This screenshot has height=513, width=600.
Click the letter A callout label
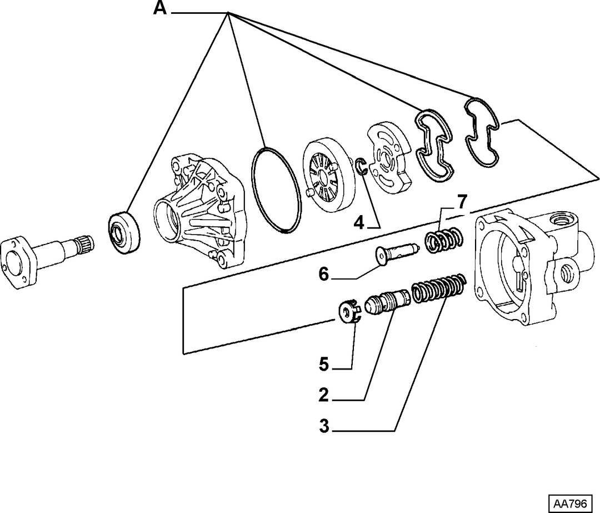click(161, 8)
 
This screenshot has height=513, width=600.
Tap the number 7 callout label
click(462, 202)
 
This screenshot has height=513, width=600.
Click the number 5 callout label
click(324, 364)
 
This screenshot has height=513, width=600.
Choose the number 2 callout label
click(324, 395)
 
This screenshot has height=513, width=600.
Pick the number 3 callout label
click(324, 426)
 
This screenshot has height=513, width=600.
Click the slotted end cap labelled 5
click(348, 312)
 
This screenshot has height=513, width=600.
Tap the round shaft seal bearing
click(123, 233)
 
